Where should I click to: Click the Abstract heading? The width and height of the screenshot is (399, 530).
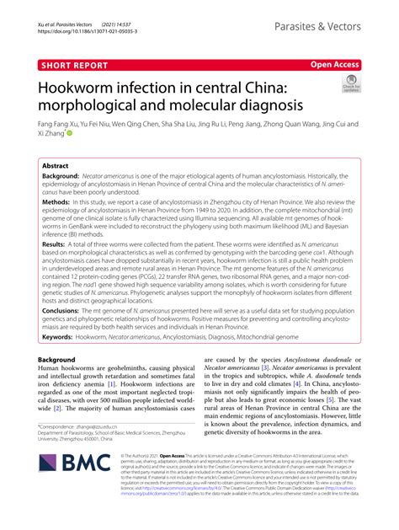pos(56,167)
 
